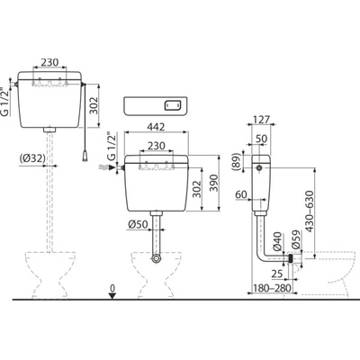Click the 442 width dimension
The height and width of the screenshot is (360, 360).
pyautogui.click(x=156, y=127)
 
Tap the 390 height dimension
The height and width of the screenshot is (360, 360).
pyautogui.click(x=214, y=183)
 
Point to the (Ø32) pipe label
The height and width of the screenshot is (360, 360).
pyautogui.click(x=31, y=157)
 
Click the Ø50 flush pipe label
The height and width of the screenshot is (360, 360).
pyautogui.click(x=137, y=224)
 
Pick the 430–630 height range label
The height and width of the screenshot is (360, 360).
pyautogui.click(x=309, y=211)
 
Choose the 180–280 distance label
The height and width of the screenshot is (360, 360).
pyautogui.click(x=272, y=288)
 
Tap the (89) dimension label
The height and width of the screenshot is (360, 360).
pyautogui.click(x=237, y=162)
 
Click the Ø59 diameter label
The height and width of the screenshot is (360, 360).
pyautogui.click(x=296, y=239)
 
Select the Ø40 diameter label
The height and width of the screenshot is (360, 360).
pyautogui.click(x=278, y=241)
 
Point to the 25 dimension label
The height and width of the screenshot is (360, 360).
pyautogui.click(x=276, y=274)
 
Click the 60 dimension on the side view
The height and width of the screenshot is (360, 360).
pyautogui.click(x=241, y=194)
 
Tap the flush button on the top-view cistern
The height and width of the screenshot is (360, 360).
pyautogui.click(x=173, y=105)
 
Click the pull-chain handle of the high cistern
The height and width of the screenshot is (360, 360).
pyautogui.click(x=85, y=155)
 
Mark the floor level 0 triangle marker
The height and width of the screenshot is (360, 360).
pyautogui.click(x=112, y=296)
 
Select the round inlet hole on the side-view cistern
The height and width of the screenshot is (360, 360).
pyautogui.click(x=260, y=168)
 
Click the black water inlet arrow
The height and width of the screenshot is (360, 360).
pyautogui.click(x=112, y=167)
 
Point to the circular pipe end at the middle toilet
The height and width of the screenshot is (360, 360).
pyautogui.click(x=156, y=258)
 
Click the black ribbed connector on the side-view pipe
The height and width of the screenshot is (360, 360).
pyautogui.click(x=291, y=258)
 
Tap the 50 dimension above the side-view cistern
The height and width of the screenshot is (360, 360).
pyautogui.click(x=262, y=139)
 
